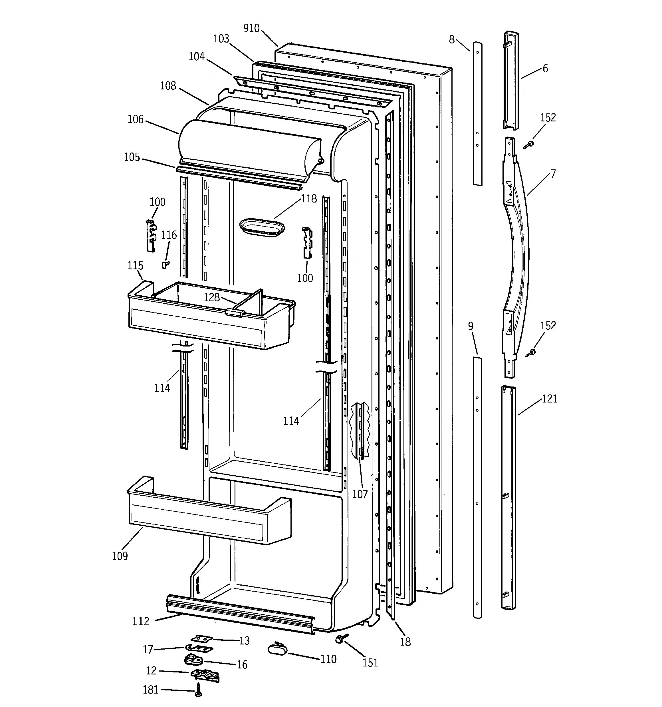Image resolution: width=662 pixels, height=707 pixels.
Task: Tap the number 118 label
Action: [x=308, y=199]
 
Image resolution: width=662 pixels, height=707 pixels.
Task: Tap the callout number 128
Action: [x=211, y=297]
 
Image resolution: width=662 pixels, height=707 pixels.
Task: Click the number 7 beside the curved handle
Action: [x=553, y=174]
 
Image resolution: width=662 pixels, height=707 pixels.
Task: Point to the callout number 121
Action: [x=549, y=399]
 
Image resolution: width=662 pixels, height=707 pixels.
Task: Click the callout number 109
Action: [x=120, y=556]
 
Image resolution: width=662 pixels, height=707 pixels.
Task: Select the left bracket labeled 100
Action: [x=151, y=235]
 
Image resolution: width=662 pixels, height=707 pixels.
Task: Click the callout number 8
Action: [x=452, y=39]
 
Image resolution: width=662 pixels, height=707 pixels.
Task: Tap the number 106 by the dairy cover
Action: [x=135, y=119]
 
